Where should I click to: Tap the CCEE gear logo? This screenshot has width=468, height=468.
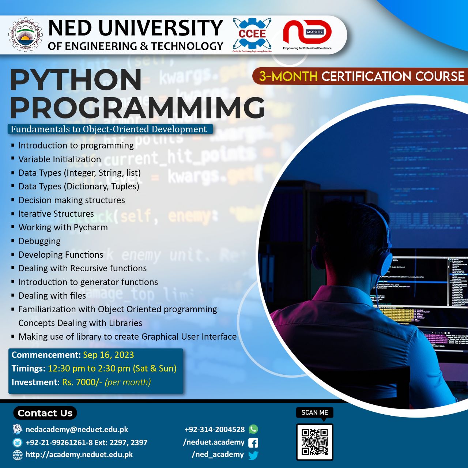pyautogui.click(x=252, y=34)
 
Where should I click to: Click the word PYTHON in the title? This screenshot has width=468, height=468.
pyautogui.click(x=76, y=80)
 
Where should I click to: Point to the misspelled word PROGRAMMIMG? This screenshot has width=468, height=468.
pyautogui.click(x=137, y=107)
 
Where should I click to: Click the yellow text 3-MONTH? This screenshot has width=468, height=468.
pyautogui.click(x=288, y=76)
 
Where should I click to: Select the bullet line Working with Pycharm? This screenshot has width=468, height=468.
pyautogui.click(x=63, y=227)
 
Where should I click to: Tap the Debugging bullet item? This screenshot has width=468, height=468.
pyautogui.click(x=39, y=241)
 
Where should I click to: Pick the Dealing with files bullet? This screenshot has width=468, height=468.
pyautogui.click(x=52, y=296)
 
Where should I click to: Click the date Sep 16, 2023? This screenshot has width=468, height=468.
pyautogui.click(x=108, y=355)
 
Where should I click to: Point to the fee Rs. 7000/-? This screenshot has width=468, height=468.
pyautogui.click(x=82, y=382)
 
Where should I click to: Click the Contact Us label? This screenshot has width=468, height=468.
pyautogui.click(x=45, y=413)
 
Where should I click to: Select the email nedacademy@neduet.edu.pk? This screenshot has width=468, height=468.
pyautogui.click(x=77, y=430)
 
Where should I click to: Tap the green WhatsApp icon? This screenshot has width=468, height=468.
pyautogui.click(x=253, y=429)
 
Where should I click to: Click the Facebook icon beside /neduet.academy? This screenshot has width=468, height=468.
pyautogui.click(x=253, y=443)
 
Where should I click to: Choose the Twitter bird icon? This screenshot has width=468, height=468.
pyautogui.click(x=253, y=455)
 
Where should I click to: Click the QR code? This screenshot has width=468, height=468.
pyautogui.click(x=314, y=442)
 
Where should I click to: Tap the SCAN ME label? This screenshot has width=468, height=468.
pyautogui.click(x=314, y=412)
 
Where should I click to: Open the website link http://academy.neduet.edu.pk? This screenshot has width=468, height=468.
pyautogui.click(x=79, y=455)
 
